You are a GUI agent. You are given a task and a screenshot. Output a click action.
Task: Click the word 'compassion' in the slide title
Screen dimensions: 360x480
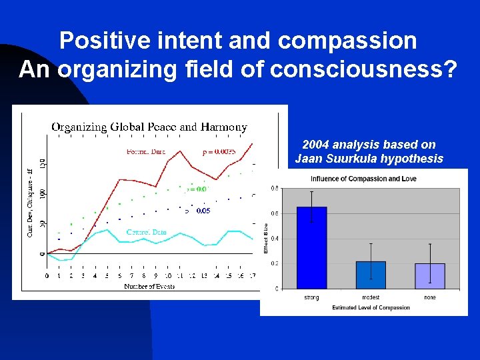347,41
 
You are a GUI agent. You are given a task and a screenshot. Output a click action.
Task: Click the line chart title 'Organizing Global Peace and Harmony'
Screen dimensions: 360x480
149,127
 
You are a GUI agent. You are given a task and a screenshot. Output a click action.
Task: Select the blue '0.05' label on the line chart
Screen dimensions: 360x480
203,211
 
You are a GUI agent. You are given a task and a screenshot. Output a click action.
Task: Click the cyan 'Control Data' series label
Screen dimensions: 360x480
146,232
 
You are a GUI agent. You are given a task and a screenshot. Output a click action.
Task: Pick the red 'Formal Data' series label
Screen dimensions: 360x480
145,151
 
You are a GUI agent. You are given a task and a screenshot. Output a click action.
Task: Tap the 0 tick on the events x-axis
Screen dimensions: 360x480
47,275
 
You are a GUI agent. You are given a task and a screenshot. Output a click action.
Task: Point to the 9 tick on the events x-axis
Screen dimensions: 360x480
156,275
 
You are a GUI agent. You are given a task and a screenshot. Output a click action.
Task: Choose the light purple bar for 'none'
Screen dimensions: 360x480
430,275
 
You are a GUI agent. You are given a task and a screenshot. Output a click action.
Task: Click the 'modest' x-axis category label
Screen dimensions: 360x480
371,297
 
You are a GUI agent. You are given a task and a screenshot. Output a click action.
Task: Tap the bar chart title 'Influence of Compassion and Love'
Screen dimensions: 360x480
364,179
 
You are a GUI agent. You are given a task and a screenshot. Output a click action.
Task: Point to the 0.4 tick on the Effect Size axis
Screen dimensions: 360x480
275,238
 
